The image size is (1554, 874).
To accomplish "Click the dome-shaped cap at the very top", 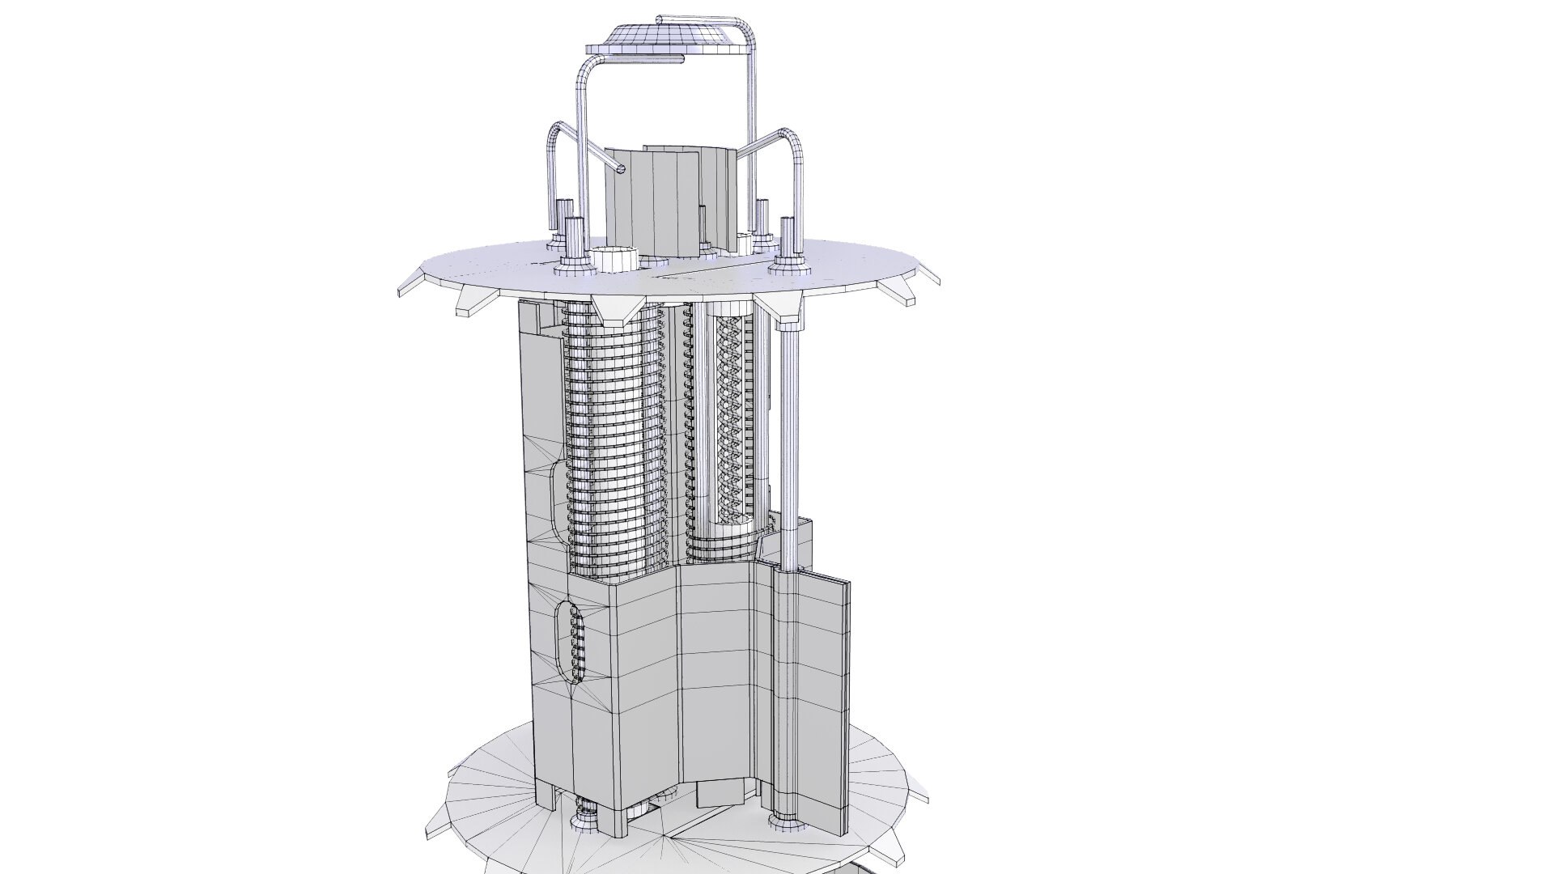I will click(669, 37).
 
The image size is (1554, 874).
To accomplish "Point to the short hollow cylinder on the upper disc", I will click(617, 259).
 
